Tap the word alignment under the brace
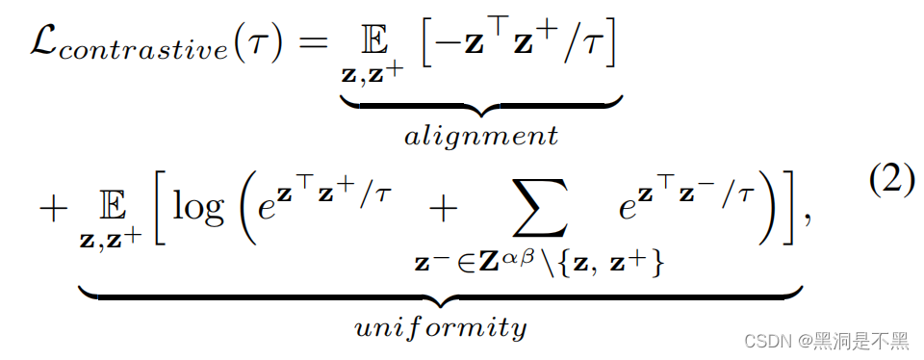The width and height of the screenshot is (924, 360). tap(480, 136)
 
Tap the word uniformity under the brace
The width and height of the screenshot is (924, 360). tap(441, 327)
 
